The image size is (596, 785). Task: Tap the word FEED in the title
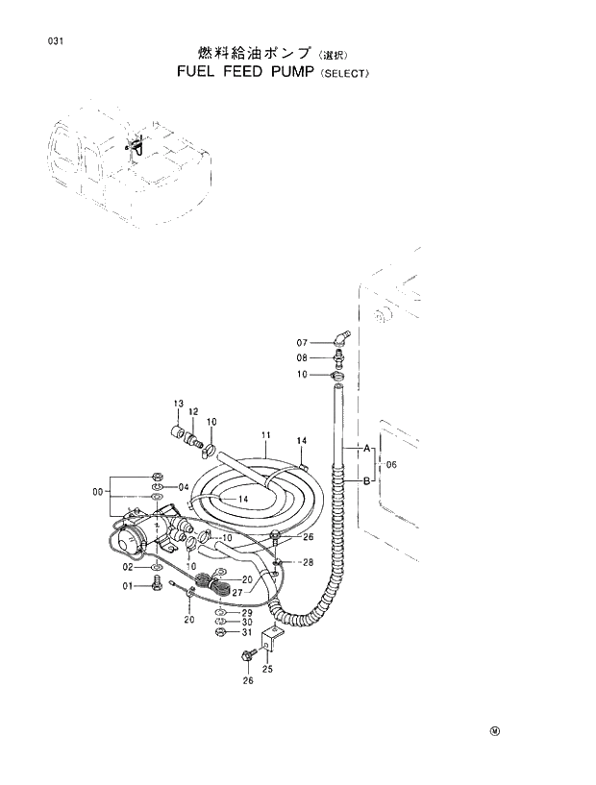(228, 72)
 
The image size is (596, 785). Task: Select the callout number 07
(302, 343)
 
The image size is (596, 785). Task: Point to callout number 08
(302, 357)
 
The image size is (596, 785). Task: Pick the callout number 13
(178, 403)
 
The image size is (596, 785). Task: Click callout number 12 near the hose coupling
(192, 411)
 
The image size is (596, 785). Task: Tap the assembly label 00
(97, 492)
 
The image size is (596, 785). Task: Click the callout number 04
(184, 487)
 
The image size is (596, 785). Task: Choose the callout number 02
(126, 569)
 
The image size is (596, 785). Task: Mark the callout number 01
(126, 586)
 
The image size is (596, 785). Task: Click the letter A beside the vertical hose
(366, 448)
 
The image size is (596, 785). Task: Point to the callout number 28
(309, 561)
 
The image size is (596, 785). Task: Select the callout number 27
(236, 593)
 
